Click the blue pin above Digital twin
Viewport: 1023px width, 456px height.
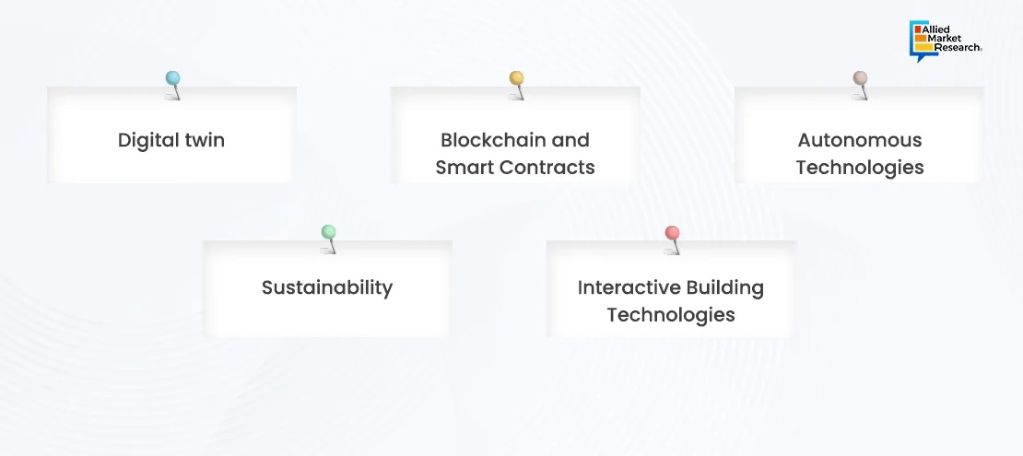(173, 85)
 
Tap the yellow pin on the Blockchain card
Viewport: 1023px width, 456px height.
(517, 85)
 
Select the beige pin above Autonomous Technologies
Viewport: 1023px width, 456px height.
(861, 85)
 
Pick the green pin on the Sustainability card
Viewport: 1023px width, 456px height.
(329, 239)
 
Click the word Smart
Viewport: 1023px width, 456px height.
(460, 168)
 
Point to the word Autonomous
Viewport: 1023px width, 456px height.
(860, 140)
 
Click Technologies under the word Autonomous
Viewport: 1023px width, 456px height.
(860, 169)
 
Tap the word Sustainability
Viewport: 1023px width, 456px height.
(327, 288)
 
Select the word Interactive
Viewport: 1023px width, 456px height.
(620, 287)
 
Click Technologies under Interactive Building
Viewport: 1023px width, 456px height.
(671, 315)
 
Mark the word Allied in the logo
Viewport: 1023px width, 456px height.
(935, 29)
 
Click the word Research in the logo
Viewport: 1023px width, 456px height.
(954, 47)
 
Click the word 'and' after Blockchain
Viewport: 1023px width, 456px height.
(570, 140)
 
